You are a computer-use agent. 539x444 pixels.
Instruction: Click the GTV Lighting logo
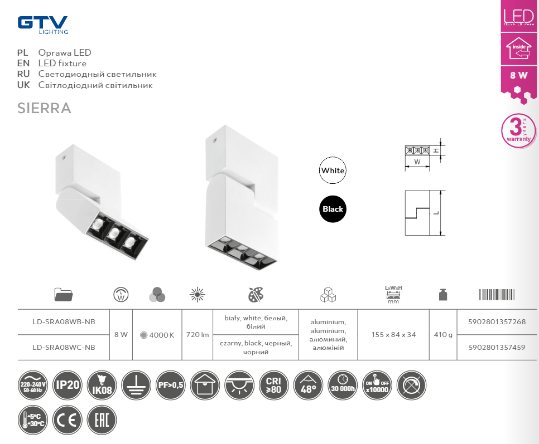click(42, 24)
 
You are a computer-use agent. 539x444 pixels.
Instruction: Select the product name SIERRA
click(45, 108)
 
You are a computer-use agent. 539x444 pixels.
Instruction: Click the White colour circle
click(333, 170)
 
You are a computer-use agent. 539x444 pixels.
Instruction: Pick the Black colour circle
click(333, 209)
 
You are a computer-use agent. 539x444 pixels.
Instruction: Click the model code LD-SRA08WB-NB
click(64, 322)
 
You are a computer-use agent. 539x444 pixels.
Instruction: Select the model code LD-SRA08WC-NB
click(64, 347)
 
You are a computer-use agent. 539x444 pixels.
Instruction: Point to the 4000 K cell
click(157, 335)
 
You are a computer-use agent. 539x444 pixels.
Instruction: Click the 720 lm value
click(197, 335)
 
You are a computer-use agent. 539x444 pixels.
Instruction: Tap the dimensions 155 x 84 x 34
click(393, 335)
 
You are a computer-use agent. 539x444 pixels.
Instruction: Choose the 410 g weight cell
click(443, 335)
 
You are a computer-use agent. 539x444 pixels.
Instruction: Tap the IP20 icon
click(67, 384)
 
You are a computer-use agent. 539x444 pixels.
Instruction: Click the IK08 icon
click(102, 384)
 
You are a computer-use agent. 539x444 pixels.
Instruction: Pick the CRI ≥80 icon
click(273, 384)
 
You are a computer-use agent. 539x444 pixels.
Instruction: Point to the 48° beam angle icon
click(308, 384)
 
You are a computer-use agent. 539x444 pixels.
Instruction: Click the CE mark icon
click(67, 419)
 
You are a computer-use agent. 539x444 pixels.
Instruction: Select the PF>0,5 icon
click(170, 384)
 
